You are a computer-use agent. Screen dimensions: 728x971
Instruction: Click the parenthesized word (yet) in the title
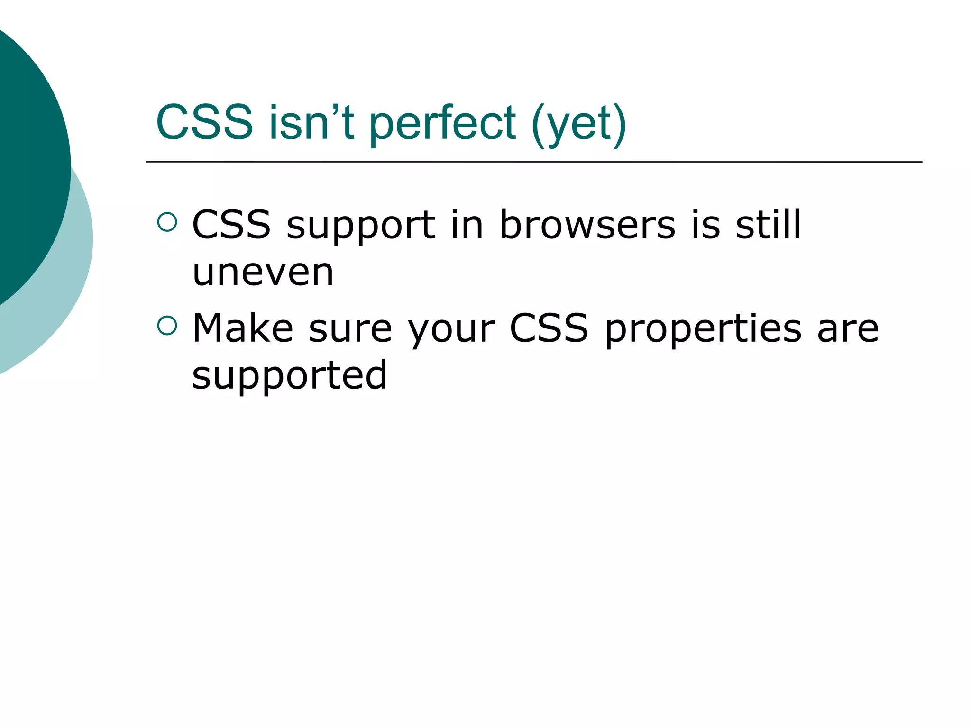point(579,124)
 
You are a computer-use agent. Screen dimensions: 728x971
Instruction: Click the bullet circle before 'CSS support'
point(167,222)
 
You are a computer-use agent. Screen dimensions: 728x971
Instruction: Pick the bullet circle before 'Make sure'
point(167,326)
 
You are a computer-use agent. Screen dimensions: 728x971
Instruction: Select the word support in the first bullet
point(361,227)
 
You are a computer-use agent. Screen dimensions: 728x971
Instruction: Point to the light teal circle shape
point(66,294)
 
